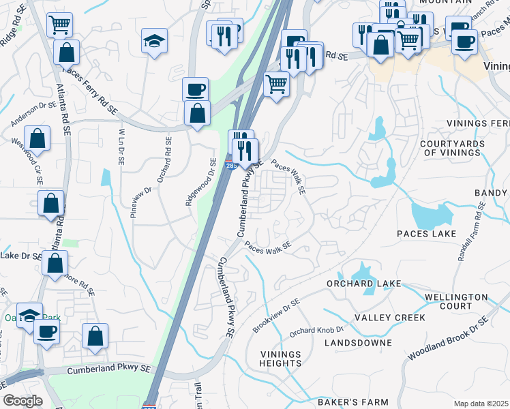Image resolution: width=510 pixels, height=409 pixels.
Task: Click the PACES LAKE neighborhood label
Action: (426, 234)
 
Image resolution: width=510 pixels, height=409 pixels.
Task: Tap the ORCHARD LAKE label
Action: (359, 283)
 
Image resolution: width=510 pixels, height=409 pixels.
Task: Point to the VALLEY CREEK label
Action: (389, 318)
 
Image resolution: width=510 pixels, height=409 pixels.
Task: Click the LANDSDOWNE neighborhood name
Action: (359, 342)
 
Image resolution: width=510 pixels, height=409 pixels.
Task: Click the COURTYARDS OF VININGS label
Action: (450, 148)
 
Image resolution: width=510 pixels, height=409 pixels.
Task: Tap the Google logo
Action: (22, 401)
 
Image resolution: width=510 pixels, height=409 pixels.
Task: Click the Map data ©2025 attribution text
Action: (481, 404)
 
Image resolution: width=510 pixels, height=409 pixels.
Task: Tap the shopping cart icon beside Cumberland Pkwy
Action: (276, 85)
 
